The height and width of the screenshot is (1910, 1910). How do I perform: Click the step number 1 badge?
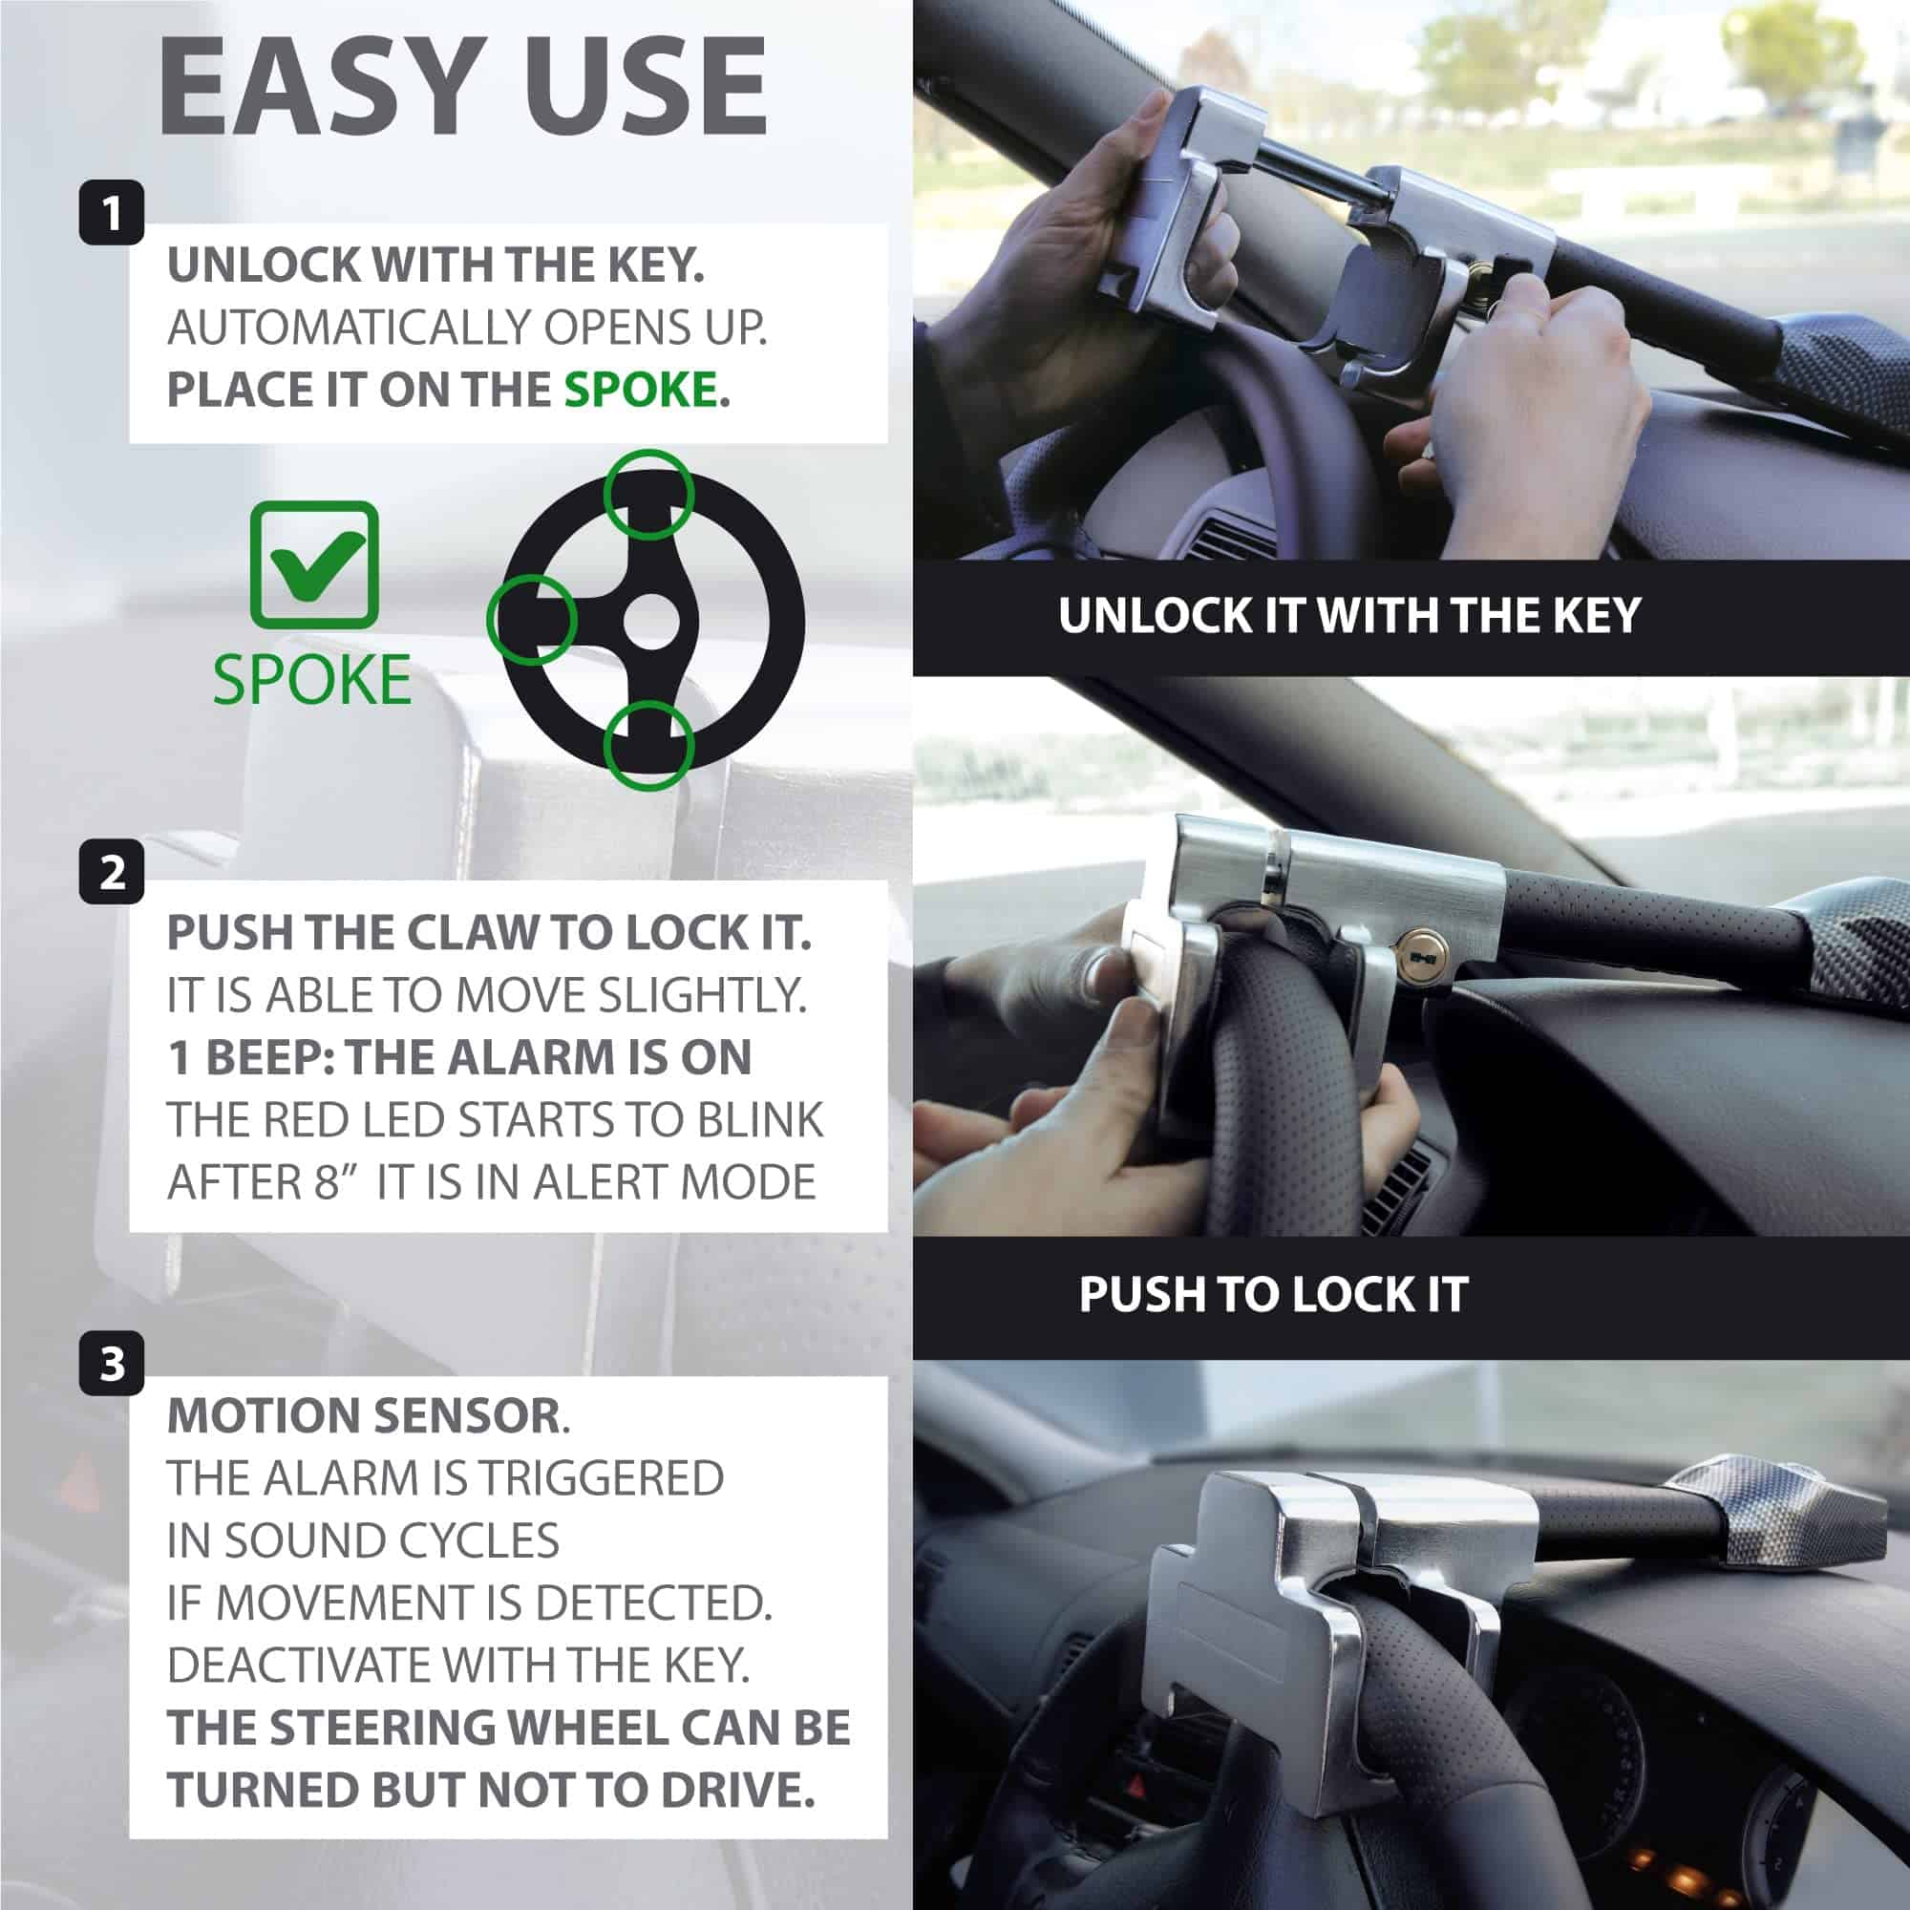[112, 212]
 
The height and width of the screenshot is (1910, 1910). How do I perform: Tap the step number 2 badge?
[112, 871]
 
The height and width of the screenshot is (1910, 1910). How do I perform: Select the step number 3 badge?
[112, 1364]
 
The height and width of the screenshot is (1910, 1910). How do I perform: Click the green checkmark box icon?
[314, 564]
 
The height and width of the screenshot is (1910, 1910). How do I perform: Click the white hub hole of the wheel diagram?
[652, 622]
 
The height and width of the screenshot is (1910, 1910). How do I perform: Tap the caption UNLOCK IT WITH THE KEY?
[1349, 615]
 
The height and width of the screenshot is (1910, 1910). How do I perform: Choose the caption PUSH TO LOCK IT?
[1273, 1294]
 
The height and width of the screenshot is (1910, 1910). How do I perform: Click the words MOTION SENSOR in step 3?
[364, 1414]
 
